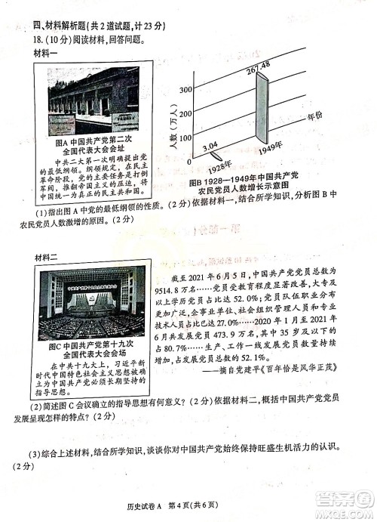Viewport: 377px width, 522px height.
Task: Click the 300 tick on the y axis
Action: point(183,90)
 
